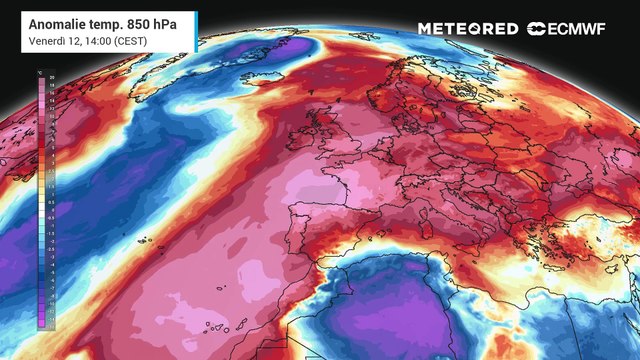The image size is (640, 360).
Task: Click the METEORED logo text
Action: [468, 29]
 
